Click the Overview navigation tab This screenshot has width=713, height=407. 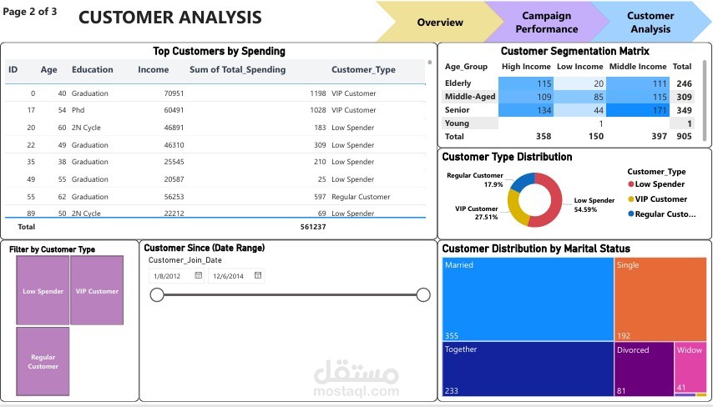click(x=440, y=22)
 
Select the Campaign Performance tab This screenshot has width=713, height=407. click(x=546, y=23)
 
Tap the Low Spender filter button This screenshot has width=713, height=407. click(x=43, y=291)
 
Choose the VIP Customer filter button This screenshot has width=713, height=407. click(x=97, y=291)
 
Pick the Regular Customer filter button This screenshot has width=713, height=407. click(x=43, y=361)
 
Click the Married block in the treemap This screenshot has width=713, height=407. click(x=528, y=299)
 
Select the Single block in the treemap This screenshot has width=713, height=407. click(x=660, y=299)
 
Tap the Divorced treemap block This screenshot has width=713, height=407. click(x=644, y=368)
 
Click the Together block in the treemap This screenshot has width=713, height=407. click(x=528, y=368)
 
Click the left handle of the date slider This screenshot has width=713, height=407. click(x=157, y=294)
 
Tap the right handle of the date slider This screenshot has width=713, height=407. click(x=423, y=294)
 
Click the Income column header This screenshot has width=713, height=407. click(x=153, y=70)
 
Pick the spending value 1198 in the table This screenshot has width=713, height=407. click(x=316, y=93)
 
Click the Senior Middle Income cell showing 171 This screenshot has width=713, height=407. click(x=635, y=110)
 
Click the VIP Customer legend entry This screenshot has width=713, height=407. click(x=661, y=199)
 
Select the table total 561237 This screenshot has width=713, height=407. click(x=313, y=226)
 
